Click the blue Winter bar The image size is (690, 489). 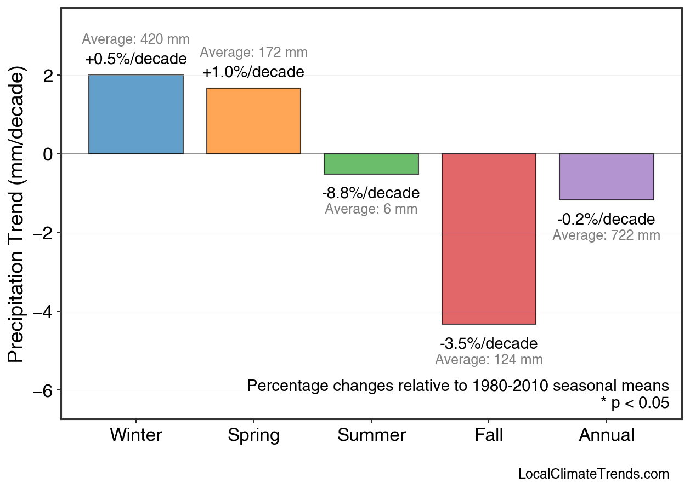pos(135,114)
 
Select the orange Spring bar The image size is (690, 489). pos(253,121)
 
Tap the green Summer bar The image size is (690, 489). pos(371,164)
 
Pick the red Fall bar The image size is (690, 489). pos(489,239)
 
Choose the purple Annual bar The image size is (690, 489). pos(607,177)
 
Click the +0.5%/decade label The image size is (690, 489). pos(135,59)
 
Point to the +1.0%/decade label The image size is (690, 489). pos(253,72)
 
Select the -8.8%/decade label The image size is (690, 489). pos(371,193)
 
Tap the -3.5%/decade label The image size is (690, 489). pos(489,344)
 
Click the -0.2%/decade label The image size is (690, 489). pos(606,220)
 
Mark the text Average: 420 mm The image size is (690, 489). pos(135,39)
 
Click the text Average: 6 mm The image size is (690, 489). pos(371,209)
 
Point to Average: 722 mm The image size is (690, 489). pos(606,235)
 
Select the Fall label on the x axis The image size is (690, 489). pos(489,435)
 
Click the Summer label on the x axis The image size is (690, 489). pos(371,435)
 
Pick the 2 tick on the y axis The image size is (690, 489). pos(50,75)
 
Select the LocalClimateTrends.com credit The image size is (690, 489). pos(593,474)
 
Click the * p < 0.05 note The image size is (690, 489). pos(635,404)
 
